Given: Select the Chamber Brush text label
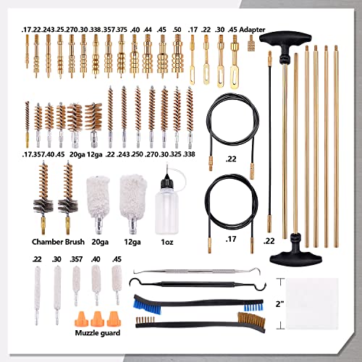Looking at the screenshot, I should pyautogui.click(x=57, y=240).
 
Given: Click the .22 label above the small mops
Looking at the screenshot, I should pyautogui.click(x=37, y=259).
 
